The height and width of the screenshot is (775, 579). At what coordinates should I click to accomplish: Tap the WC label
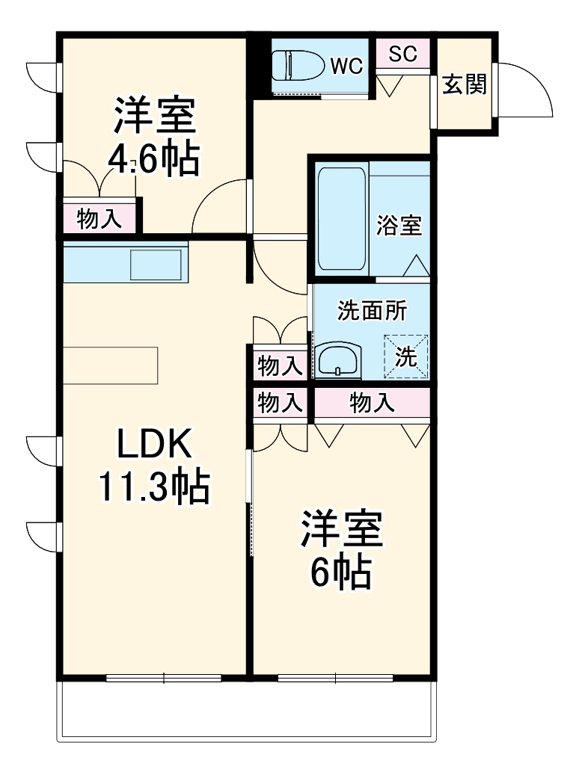click(x=346, y=66)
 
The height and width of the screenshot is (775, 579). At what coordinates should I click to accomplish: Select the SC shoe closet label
click(x=402, y=53)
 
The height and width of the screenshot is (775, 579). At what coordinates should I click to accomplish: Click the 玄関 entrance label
click(x=464, y=84)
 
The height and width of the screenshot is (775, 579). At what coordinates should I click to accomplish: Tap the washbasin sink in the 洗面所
click(x=339, y=361)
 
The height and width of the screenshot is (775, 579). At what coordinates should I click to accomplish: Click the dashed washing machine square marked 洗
click(x=406, y=356)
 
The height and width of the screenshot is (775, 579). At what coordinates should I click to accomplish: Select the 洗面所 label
click(x=372, y=311)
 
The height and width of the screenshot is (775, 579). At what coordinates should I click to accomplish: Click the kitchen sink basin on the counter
click(x=156, y=265)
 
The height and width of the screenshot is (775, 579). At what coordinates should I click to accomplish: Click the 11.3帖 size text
click(x=153, y=487)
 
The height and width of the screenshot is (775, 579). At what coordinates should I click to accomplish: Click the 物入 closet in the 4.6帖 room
click(x=99, y=219)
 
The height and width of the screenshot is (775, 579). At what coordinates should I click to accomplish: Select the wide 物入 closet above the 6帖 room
click(x=372, y=404)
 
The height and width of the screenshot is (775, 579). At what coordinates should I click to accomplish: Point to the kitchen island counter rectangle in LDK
click(x=111, y=365)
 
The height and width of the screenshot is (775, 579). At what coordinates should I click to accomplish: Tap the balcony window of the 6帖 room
click(x=336, y=679)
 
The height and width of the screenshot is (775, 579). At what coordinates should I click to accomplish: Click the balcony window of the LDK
click(x=164, y=679)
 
